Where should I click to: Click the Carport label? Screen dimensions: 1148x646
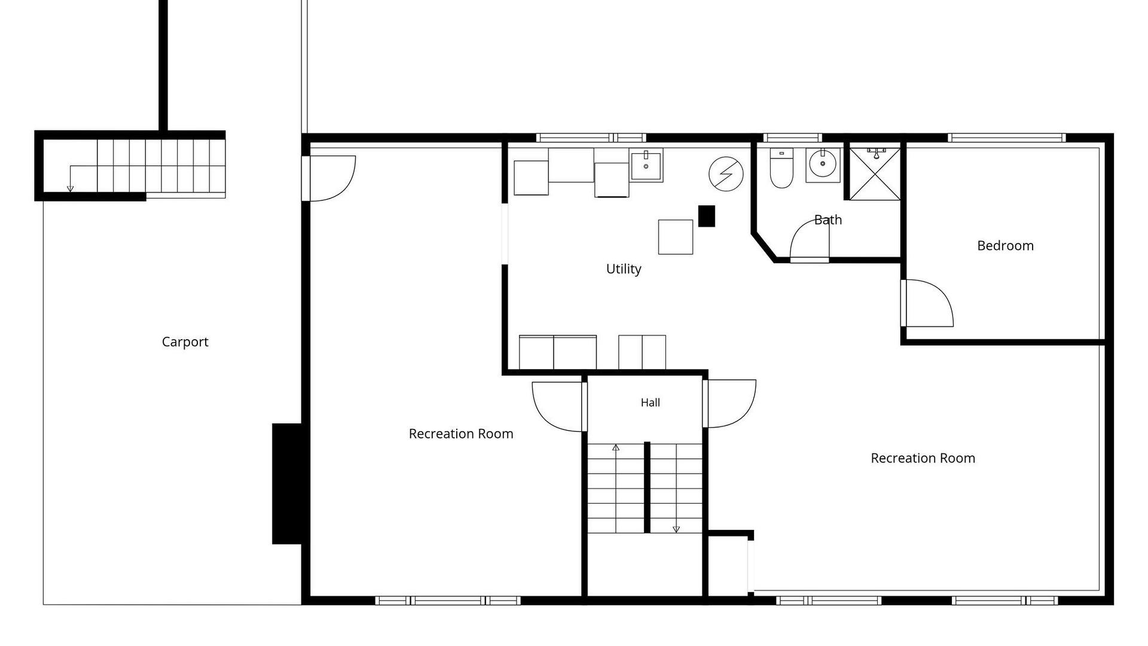click(185, 342)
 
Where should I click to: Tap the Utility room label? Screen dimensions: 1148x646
click(624, 269)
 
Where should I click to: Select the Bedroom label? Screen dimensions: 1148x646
click(1005, 245)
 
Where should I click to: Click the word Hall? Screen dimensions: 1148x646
click(651, 403)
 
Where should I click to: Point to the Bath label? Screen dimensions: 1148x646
click(828, 220)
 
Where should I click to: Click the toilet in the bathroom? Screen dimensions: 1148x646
click(781, 168)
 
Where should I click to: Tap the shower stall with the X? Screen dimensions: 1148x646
click(875, 173)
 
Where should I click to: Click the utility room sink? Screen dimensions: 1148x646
click(646, 165)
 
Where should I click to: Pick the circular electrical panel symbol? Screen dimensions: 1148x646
click(726, 174)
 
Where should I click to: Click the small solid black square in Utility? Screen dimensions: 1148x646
click(707, 216)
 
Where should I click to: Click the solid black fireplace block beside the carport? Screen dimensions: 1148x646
click(287, 484)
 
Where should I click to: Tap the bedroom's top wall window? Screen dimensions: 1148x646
click(1007, 138)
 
